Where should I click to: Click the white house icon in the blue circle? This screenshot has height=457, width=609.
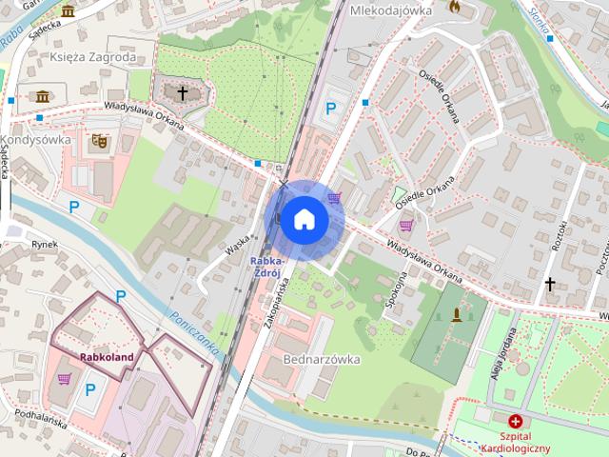pos(304,220)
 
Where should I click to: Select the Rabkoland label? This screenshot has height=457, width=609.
pos(107,358)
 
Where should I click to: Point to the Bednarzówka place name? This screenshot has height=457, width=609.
pos(322,360)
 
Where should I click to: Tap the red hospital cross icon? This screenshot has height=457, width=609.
pos(515,420)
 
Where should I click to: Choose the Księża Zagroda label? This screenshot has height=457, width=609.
pos(86,57)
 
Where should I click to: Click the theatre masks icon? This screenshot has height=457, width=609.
pos(99,142)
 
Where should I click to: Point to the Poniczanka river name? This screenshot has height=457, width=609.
pos(192,332)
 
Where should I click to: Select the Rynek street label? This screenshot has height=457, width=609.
pos(45,245)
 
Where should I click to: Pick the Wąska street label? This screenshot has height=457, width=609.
pos(238,246)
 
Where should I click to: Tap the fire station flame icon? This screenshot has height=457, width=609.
pos(455,8)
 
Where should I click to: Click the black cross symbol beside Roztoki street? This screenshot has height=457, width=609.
pos(549,284)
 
